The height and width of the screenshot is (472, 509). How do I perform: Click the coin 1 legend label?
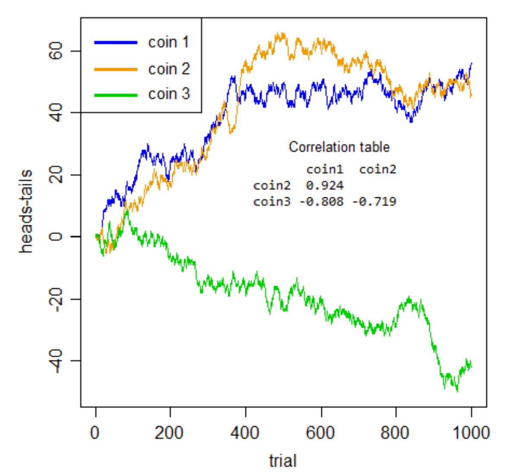[x=168, y=42]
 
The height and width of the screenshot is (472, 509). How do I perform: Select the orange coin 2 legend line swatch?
[x=115, y=69]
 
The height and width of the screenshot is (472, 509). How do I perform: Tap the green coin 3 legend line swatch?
[x=115, y=94]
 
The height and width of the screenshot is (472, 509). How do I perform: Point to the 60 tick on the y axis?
[x=57, y=51]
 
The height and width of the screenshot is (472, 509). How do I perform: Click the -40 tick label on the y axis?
[x=57, y=361]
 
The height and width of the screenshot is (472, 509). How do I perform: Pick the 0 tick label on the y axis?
[x=57, y=237]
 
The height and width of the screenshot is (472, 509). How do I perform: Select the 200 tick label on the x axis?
[x=170, y=432]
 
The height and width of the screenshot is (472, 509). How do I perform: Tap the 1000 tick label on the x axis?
[x=471, y=432]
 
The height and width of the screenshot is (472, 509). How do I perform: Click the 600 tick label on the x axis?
[x=320, y=432]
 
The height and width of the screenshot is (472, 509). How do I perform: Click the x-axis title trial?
[x=283, y=460]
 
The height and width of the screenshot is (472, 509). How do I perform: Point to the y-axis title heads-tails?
[x=26, y=211]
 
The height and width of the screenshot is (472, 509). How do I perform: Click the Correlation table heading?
[x=339, y=147]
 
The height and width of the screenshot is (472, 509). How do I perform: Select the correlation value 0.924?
[x=325, y=186]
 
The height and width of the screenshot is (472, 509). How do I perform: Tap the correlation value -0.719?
[x=374, y=201]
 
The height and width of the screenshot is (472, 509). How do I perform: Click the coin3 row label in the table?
[x=272, y=201]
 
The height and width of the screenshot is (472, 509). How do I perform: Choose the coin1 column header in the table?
[x=325, y=169]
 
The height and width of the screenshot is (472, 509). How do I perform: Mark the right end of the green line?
[x=471, y=366]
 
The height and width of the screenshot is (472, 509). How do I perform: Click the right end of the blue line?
[x=471, y=63]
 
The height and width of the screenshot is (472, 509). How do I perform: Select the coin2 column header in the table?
[x=377, y=169]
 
